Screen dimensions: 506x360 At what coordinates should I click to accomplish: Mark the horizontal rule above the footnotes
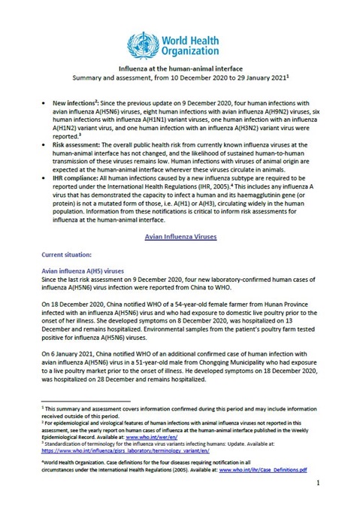point(83,401)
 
